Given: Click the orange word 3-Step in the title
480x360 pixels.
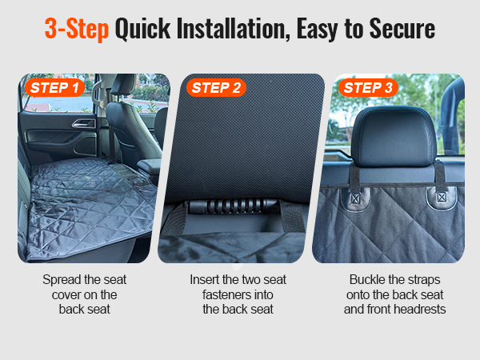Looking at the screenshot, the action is click(77, 29).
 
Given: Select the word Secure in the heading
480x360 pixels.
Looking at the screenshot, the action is click(402, 29).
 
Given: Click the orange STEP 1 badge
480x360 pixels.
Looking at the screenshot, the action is click(54, 88).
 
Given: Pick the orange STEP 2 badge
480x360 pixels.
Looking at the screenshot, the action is click(216, 88).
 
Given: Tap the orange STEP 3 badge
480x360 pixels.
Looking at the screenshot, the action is click(368, 88).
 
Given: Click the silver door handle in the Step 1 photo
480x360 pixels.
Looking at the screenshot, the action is click(83, 123).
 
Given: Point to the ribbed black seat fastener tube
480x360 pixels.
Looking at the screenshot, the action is click(234, 206).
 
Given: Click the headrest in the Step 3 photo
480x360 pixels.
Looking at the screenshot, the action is click(394, 137).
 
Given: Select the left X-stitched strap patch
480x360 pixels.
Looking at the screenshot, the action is click(355, 198).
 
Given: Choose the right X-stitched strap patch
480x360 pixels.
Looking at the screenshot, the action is click(441, 197).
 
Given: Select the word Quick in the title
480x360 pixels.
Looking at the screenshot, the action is click(142, 29).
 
